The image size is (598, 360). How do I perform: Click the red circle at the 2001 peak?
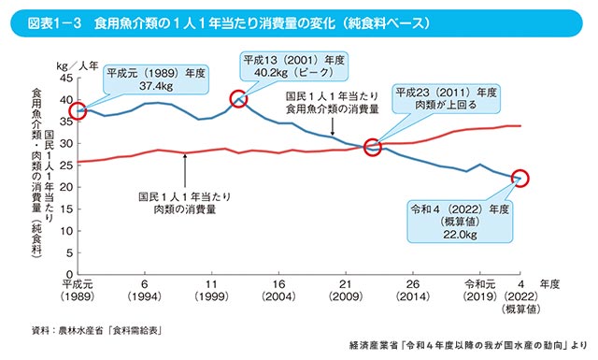tap(239, 99)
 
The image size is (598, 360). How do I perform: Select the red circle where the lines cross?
tap(373, 147)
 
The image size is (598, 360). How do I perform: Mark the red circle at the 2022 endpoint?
tap(520, 178)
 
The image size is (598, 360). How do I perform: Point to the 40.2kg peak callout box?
tap(294, 66)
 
